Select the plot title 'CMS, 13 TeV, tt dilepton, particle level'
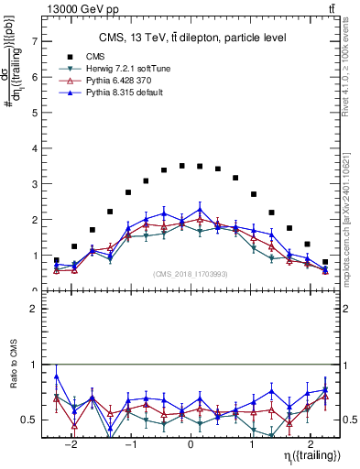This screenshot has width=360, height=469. (x=192, y=38)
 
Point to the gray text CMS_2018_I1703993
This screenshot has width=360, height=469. (x=190, y=274)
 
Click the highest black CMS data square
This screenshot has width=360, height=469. (x=182, y=166)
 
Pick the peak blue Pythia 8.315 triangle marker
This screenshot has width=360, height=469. (x=200, y=209)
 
